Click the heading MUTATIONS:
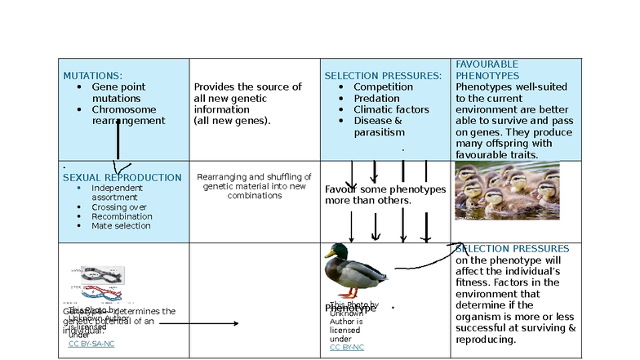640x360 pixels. point(93,75)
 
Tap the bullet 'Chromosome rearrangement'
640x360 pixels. point(128,115)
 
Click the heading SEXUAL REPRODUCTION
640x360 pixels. point(122,177)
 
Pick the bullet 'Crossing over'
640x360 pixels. point(119,207)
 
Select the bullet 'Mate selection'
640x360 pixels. point(121,226)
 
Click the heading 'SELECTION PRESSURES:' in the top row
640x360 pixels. point(383,76)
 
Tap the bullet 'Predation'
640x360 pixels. point(376,98)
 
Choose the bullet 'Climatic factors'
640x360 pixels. point(391,109)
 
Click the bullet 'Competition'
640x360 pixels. point(383,87)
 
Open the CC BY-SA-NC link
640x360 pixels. point(91,344)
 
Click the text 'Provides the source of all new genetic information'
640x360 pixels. point(247,98)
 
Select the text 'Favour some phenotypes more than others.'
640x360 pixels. point(385,194)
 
